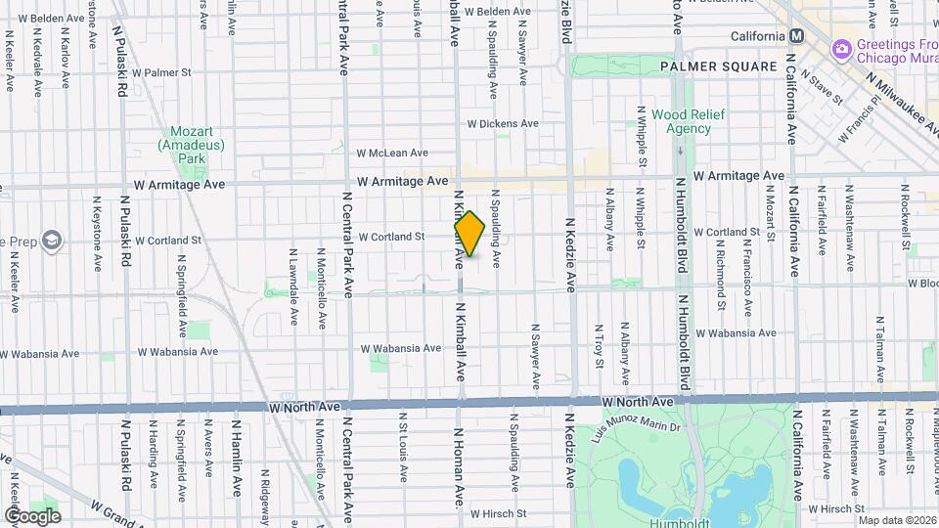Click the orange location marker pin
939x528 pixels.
pyautogui.click(x=469, y=234)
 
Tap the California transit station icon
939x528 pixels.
pyautogui.click(x=796, y=36)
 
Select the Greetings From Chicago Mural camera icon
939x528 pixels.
pyautogui.click(x=841, y=49)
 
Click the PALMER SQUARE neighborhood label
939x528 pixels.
pyautogui.click(x=717, y=66)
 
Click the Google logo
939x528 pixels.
pyautogui.click(x=32, y=515)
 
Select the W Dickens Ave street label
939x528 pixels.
pyautogui.click(x=503, y=124)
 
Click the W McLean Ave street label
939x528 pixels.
pyautogui.click(x=392, y=154)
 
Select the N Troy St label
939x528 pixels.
pyautogui.click(x=600, y=347)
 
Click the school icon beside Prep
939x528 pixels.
pyautogui.click(x=51, y=239)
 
